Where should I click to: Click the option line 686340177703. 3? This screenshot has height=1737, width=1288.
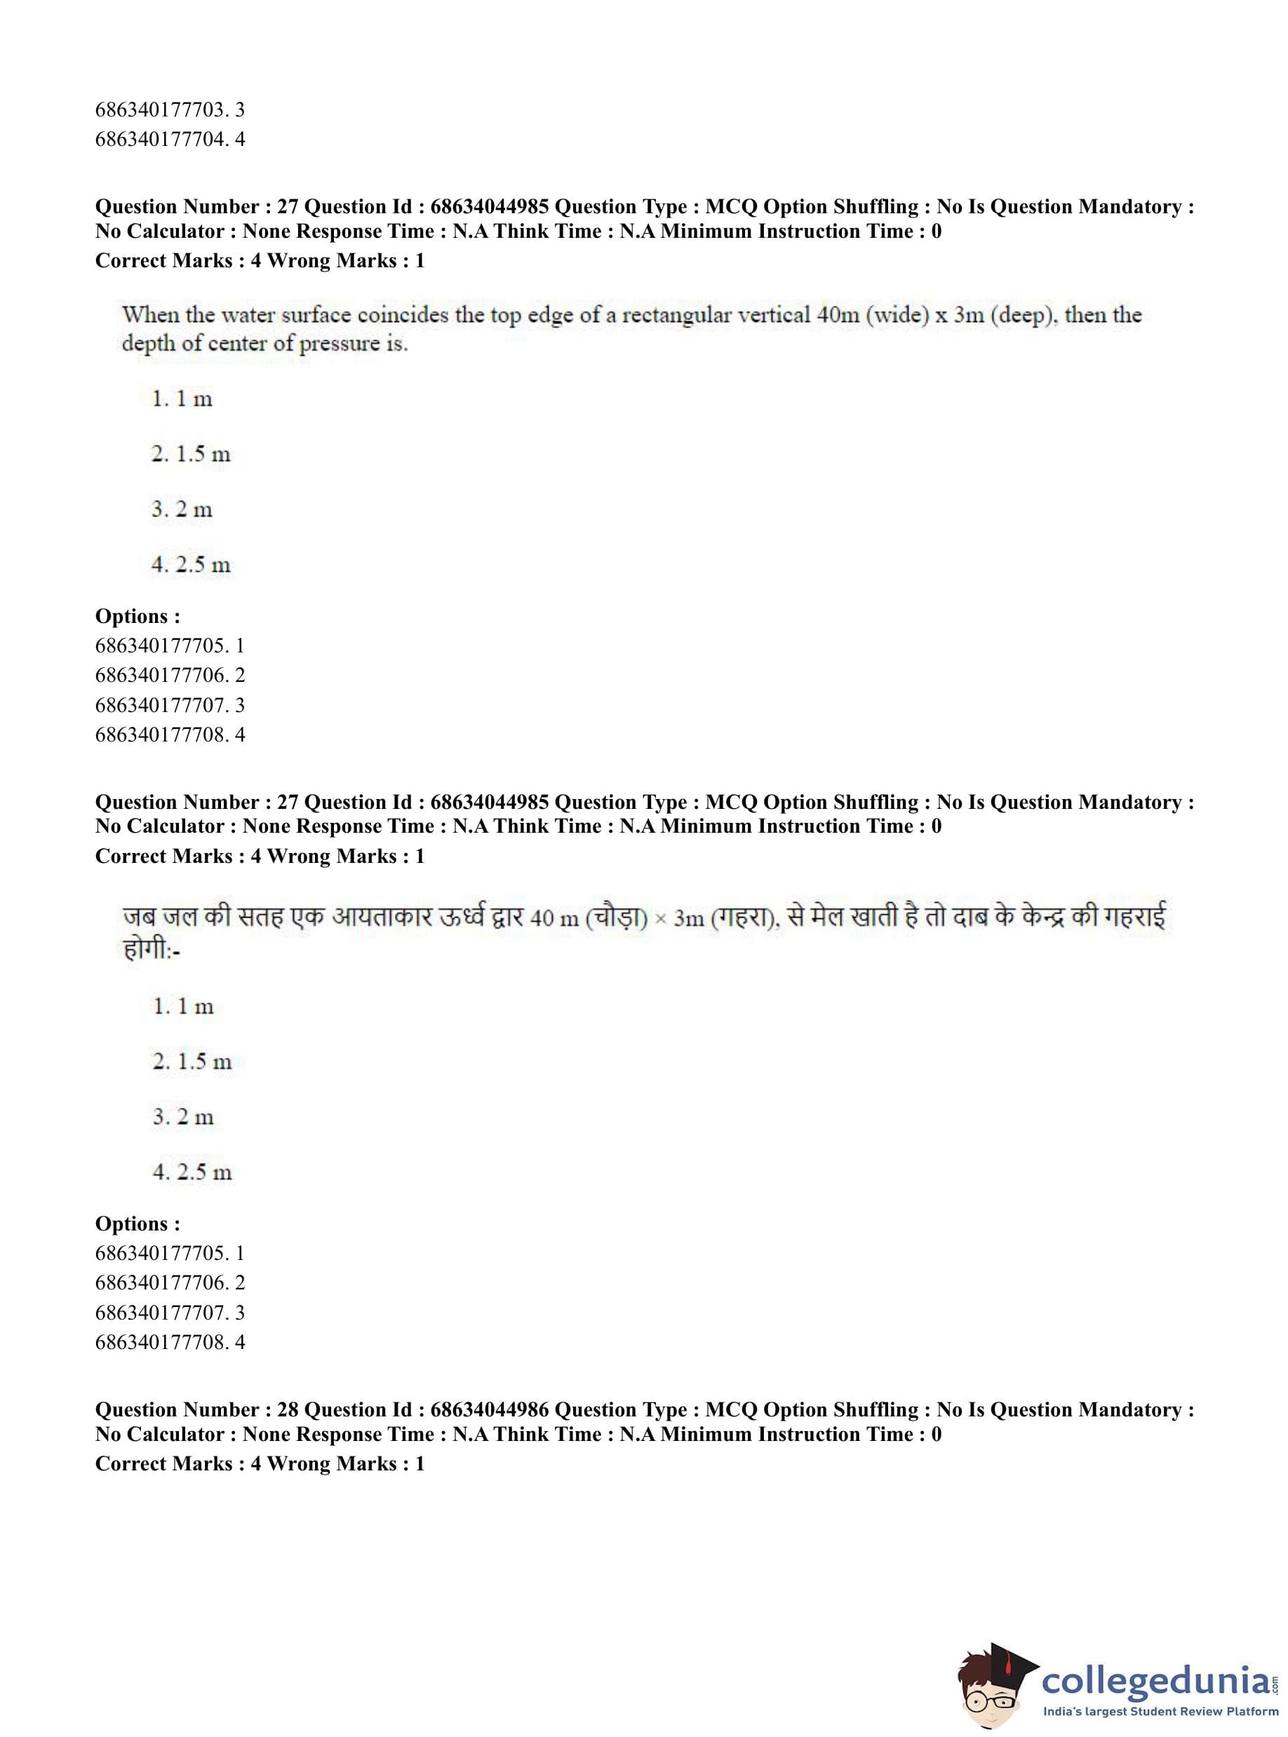point(169,110)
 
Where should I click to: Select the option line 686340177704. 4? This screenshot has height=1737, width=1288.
point(169,140)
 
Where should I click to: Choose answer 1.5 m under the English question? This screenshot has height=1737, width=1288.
point(191,455)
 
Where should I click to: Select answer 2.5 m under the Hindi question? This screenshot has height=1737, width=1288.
point(193,1172)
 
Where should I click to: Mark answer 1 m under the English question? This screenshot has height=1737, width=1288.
point(182,399)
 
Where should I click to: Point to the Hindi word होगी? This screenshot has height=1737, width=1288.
point(146,950)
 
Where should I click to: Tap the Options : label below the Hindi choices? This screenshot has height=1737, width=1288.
point(137,1224)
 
